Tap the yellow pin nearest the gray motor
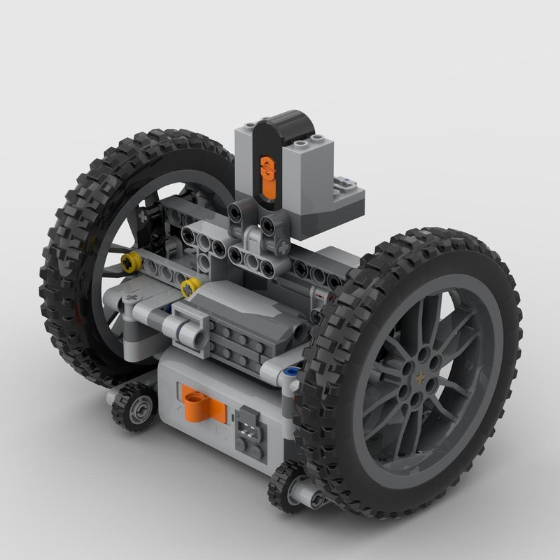(x=190, y=287)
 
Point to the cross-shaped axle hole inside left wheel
(x=144, y=216)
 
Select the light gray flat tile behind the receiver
(x=346, y=185)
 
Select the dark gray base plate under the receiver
(x=329, y=217)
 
